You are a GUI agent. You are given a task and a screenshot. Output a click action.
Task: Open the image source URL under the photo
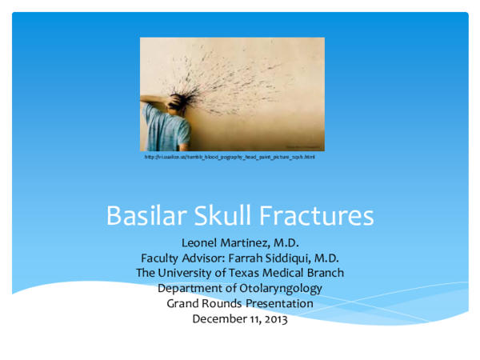pyautogui.click(x=230, y=157)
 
